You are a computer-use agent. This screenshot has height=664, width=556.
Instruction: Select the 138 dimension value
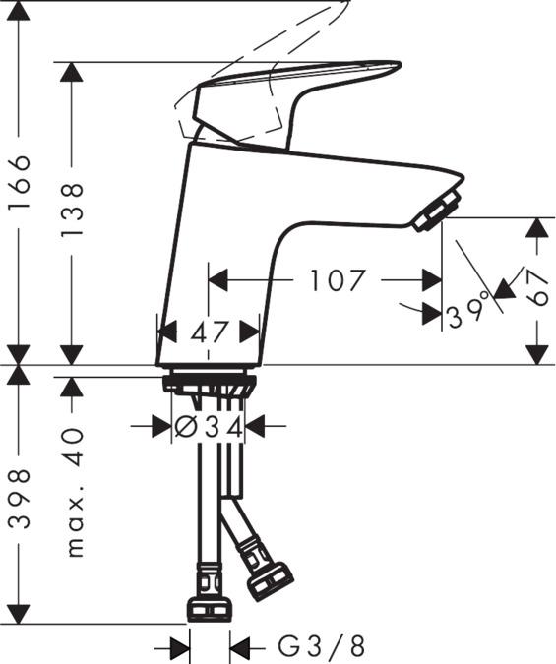72,211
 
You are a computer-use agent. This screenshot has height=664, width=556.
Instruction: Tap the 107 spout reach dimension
338,280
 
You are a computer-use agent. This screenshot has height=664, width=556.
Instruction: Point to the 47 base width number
210,332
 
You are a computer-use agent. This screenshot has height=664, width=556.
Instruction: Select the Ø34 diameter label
209,427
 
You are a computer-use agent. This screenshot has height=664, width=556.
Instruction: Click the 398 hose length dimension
20,500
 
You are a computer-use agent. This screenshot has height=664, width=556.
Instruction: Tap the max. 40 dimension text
73,493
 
